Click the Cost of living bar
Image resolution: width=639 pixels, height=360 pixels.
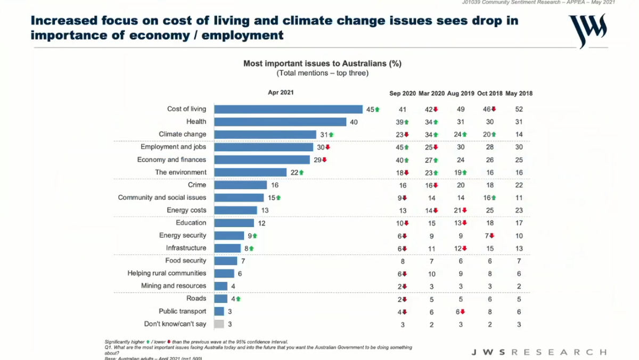288,109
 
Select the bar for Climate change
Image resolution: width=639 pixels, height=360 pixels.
265,134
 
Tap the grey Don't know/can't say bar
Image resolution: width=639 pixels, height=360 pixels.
219,324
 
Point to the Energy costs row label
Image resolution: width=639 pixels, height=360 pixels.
186,210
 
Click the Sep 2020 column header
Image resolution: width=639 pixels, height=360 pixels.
403,93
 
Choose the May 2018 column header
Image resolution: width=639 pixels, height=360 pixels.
519,93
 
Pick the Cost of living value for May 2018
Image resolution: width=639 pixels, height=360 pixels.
519,109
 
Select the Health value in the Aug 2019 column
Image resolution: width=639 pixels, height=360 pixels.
461,121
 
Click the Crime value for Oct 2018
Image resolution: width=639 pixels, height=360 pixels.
490,185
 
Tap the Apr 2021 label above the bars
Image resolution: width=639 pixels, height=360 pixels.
281,92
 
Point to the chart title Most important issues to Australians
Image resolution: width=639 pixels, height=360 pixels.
322,63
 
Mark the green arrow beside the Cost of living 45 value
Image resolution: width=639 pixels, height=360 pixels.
377,109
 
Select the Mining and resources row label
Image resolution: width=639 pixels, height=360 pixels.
174,286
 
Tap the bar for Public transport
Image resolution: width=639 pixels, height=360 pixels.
219,311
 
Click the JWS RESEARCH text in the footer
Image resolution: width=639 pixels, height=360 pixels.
538,352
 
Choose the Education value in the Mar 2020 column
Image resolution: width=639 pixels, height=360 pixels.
431,223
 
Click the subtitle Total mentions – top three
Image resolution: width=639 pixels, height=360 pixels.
322,73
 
